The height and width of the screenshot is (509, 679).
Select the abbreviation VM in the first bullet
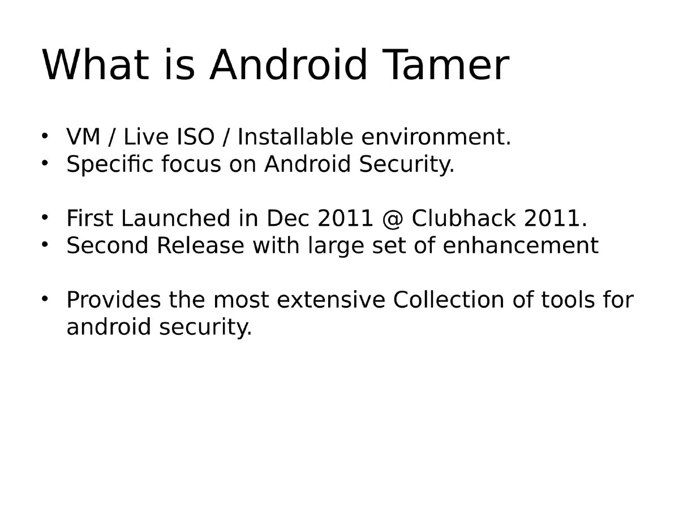81,137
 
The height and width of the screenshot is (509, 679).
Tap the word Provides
114,300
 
